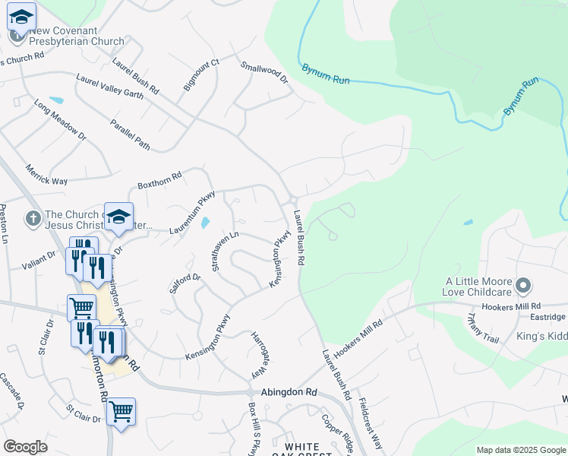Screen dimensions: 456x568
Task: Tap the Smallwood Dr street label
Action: pyautogui.click(x=265, y=71)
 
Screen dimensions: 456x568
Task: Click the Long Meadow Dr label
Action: pyautogui.click(x=61, y=119)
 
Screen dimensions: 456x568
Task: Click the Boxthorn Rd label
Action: pyautogui.click(x=159, y=180)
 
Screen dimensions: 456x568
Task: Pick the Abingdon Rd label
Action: pyautogui.click(x=289, y=393)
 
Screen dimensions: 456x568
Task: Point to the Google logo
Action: pyautogui.click(x=26, y=447)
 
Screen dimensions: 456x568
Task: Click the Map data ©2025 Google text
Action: pyautogui.click(x=520, y=450)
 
